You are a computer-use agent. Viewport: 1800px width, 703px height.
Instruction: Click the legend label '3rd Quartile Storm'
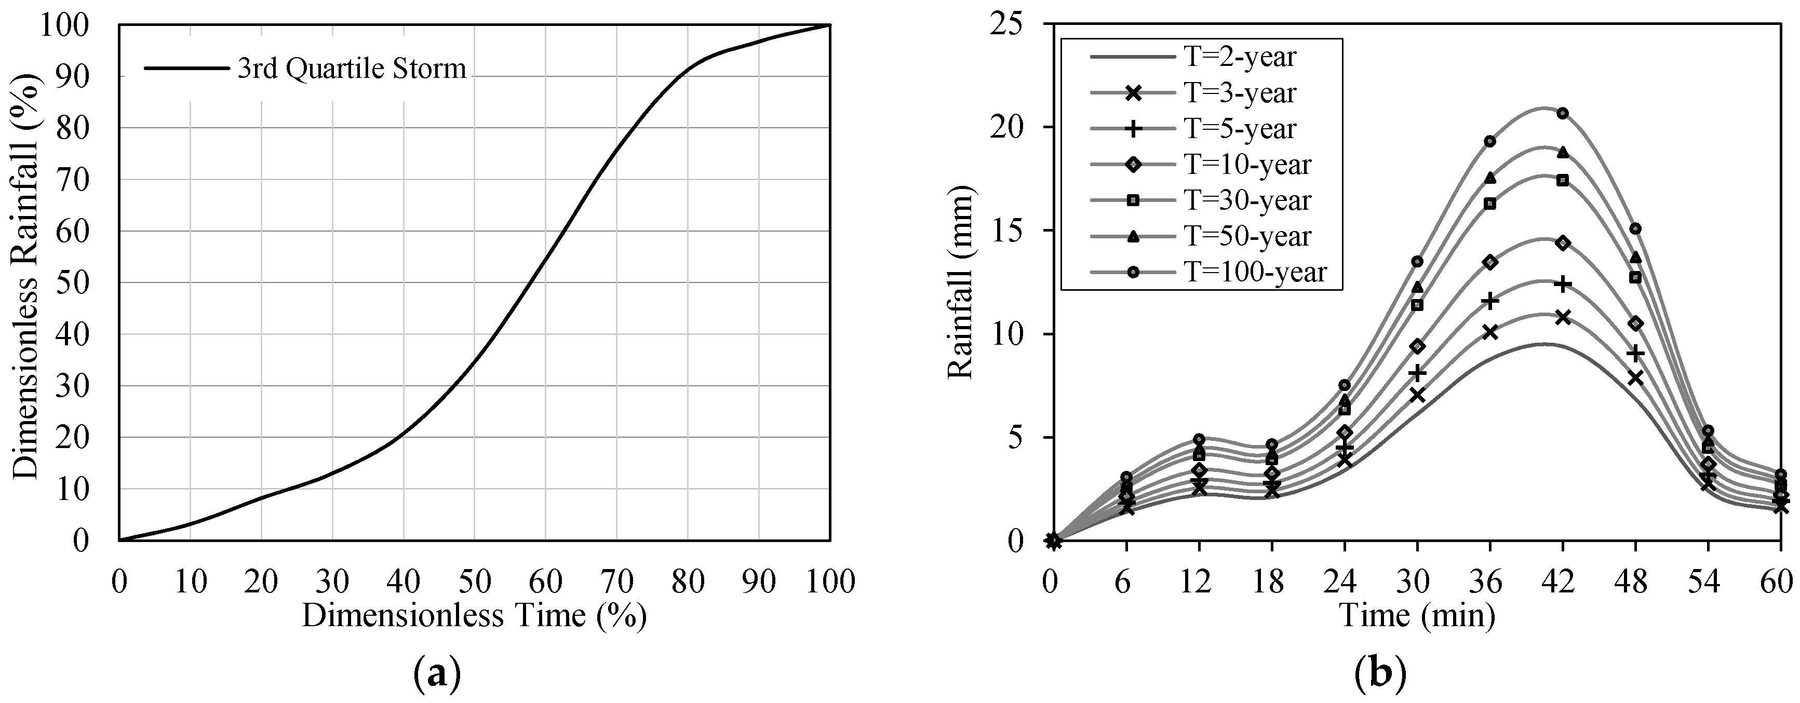point(352,69)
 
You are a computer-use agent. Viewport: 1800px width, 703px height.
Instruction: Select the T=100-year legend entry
point(1208,272)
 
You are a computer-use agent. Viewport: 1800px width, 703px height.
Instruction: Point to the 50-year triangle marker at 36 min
point(1490,178)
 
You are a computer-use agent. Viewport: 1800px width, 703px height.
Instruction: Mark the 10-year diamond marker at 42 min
point(1563,242)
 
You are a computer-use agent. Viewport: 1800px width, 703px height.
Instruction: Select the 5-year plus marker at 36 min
point(1490,301)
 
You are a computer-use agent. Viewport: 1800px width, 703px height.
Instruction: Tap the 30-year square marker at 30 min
point(1418,305)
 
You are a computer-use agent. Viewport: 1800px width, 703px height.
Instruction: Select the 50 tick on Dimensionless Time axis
point(475,580)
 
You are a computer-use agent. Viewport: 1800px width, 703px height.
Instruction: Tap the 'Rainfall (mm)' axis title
point(961,282)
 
